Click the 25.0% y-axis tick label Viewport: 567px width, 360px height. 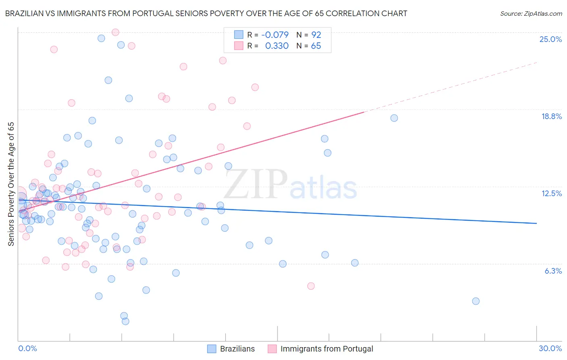click(550, 39)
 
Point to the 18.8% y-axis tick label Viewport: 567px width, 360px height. click(551, 116)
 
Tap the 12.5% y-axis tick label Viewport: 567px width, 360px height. click(551, 193)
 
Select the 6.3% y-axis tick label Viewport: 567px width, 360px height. click(553, 271)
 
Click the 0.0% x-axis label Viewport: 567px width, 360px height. click(27, 348)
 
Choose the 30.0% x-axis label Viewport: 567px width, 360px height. click(550, 348)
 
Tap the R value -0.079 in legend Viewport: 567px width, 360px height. click(275, 35)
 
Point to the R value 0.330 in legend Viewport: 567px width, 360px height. click(277, 46)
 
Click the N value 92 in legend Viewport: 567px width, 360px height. click(316, 35)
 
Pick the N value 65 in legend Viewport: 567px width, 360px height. click(316, 46)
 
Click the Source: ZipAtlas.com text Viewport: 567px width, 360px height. click(531, 13)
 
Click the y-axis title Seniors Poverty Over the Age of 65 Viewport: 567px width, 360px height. click(11, 184)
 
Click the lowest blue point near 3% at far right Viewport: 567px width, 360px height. click(475, 301)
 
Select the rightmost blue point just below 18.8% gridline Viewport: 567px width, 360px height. click(394, 118)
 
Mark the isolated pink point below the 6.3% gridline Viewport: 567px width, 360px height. click(311, 286)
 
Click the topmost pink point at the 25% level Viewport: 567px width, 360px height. click(115, 32)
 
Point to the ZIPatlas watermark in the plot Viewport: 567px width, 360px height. click(290, 185)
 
